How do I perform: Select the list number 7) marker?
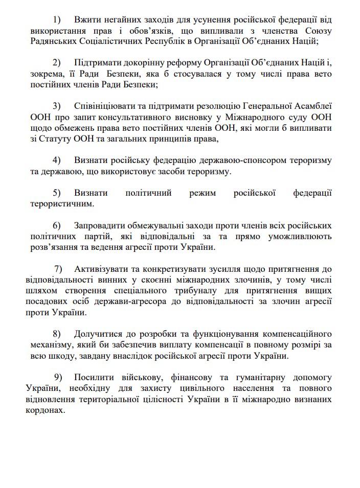[x=58, y=268]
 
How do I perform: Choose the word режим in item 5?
[x=201, y=193]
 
